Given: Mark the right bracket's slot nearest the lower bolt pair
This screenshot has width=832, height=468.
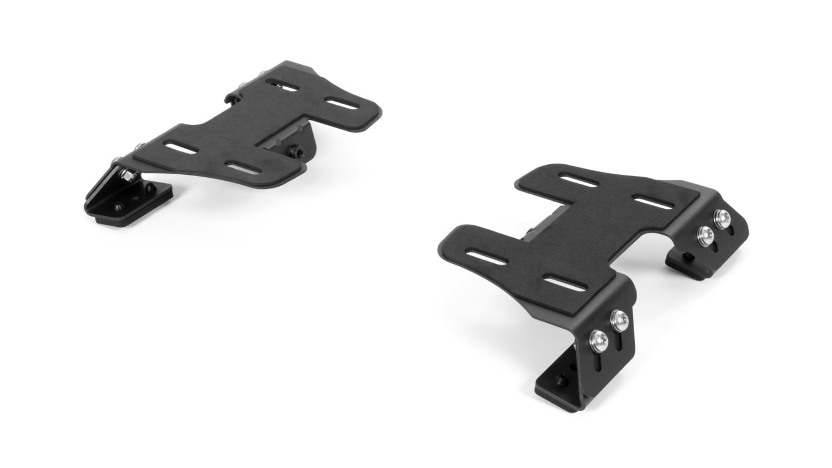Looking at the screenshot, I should (x=566, y=283).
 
